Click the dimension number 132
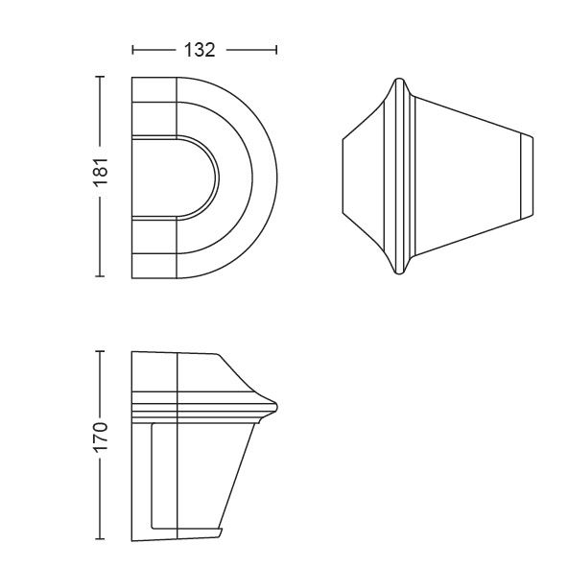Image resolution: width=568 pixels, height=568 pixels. point(200,50)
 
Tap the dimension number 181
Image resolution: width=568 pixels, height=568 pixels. point(101,172)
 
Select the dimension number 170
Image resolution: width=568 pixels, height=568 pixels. point(101,438)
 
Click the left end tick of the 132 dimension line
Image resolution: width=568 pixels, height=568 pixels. point(133,50)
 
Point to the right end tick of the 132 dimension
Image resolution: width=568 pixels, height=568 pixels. point(276,50)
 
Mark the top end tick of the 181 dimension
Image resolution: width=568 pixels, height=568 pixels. point(100,77)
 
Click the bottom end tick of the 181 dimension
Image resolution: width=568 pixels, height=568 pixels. point(100,276)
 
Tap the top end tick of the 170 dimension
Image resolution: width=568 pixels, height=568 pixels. point(100,351)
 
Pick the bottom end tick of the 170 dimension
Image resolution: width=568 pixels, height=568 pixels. point(100,539)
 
